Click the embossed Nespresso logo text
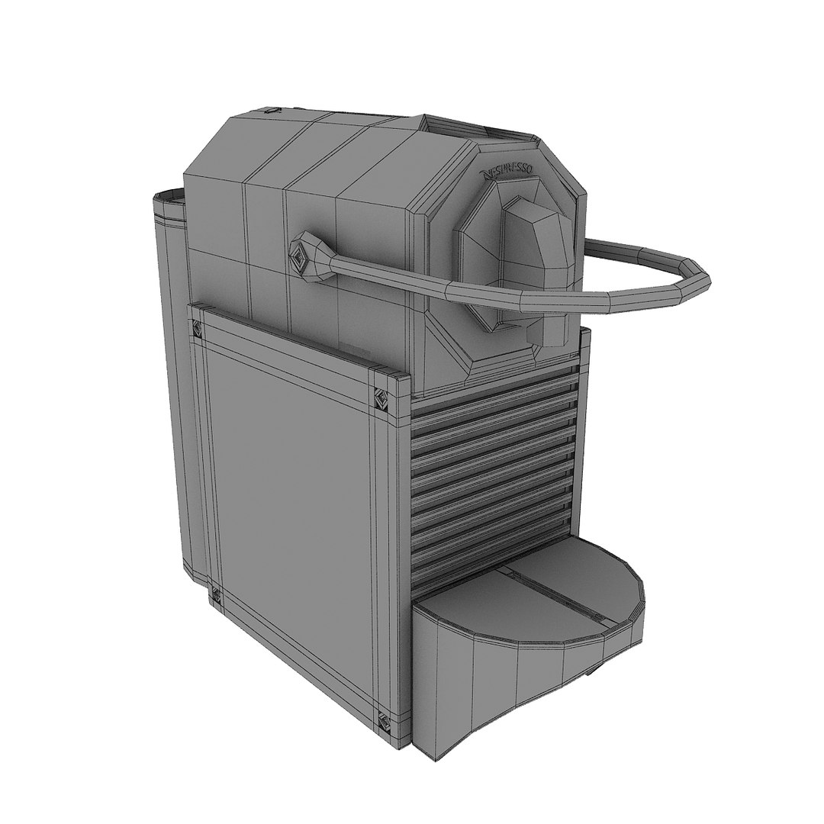tap(507, 172)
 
